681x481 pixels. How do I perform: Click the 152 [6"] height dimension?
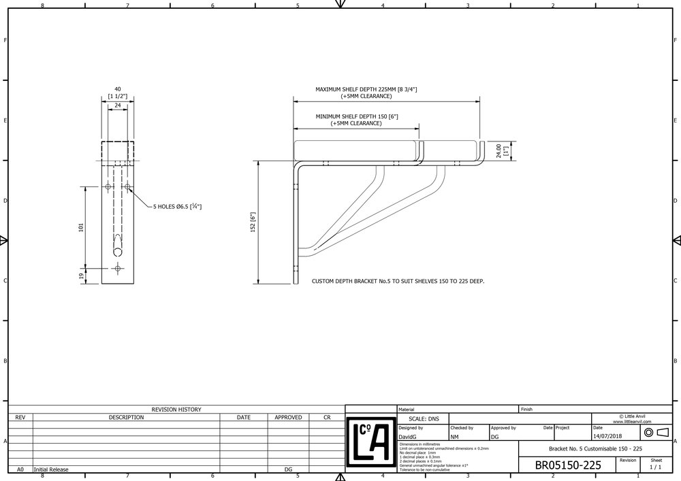pos(252,222)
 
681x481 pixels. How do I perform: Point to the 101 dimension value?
pos(82,227)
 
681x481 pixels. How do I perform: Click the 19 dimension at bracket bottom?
pos(82,275)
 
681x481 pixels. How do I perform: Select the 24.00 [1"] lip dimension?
pos(501,150)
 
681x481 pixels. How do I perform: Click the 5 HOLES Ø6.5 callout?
pos(177,206)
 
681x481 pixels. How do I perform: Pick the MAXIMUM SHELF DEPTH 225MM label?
pos(366,89)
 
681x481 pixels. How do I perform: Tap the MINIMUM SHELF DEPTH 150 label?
pos(356,117)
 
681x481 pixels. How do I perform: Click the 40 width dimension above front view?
pos(117,89)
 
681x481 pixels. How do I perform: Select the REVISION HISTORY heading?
pos(176,410)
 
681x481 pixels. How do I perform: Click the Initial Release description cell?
pos(51,469)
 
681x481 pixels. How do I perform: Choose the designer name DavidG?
pos(410,436)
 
